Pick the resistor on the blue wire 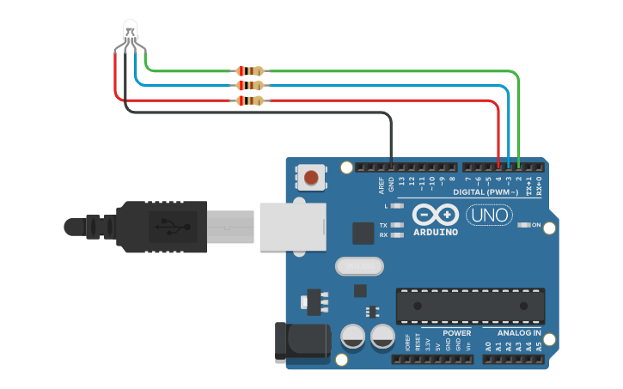tap(250, 86)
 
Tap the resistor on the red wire tap(250, 101)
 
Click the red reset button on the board tap(310, 179)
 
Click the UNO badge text tap(489, 215)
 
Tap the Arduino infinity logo tap(435, 214)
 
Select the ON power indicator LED tap(524, 225)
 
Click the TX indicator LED tap(397, 225)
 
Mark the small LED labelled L tap(397, 206)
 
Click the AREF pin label tap(382, 185)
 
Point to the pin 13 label tap(401, 182)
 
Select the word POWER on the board tap(456, 332)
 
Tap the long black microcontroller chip tap(469, 305)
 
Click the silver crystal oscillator tap(360, 267)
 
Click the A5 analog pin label tap(539, 347)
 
